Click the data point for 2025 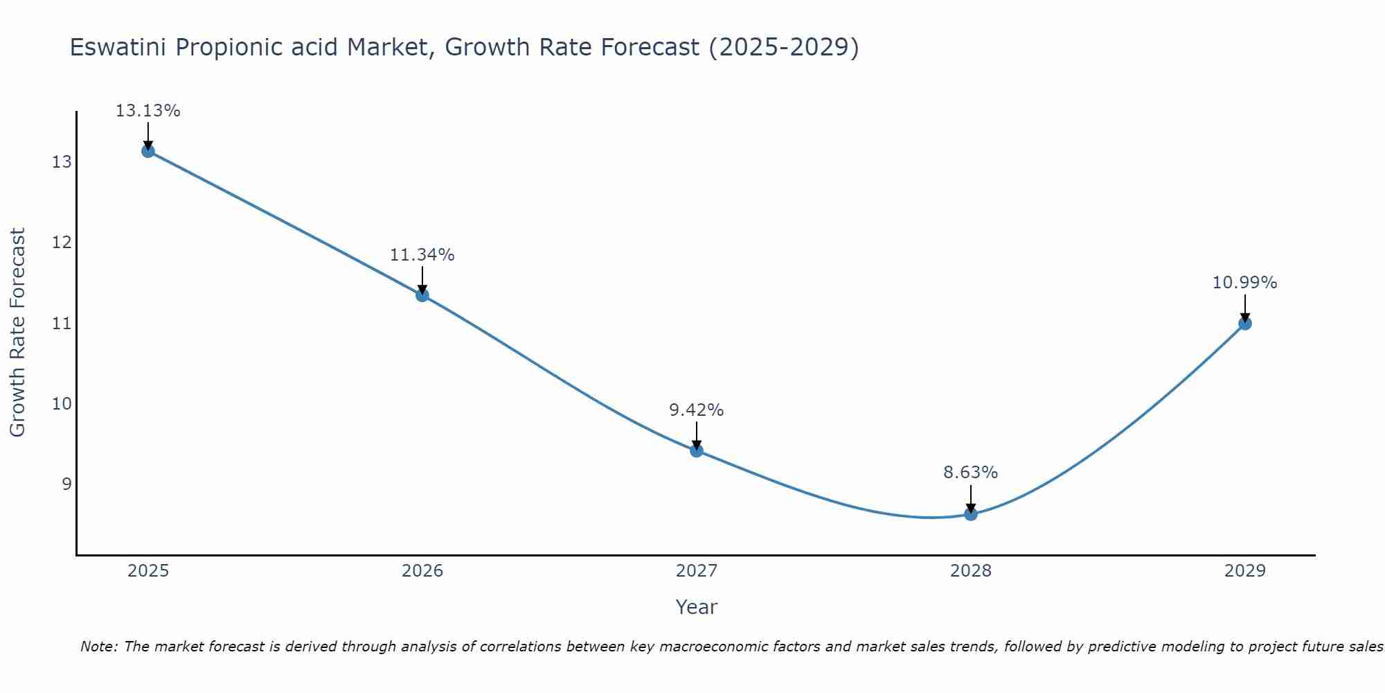tap(148, 151)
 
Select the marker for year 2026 tap(422, 295)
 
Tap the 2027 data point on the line tap(697, 450)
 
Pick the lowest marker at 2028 tap(971, 514)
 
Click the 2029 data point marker tap(1244, 323)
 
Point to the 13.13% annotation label tap(148, 111)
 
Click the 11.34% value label tap(422, 255)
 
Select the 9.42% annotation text tap(696, 410)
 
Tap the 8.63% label tap(970, 473)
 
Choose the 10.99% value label tap(1244, 283)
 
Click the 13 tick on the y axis tap(62, 162)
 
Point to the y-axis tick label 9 tap(66, 484)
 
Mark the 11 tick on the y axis tap(62, 323)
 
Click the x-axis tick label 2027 tap(697, 571)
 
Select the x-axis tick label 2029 tap(1244, 571)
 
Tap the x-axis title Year tap(696, 607)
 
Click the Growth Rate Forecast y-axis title tap(18, 333)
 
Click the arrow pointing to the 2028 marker tap(971, 498)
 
